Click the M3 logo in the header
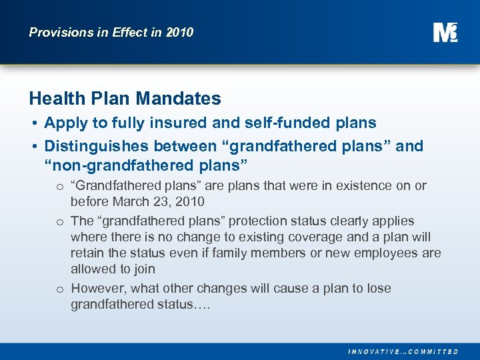(x=445, y=32)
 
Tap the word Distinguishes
(x=94, y=146)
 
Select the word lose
(x=377, y=289)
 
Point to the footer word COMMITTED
(x=433, y=351)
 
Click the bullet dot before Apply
(x=33, y=123)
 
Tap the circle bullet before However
(x=59, y=289)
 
